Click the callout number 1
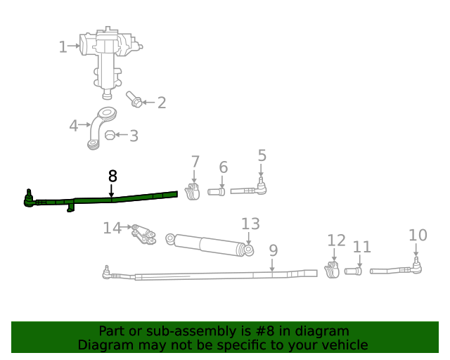click(63, 47)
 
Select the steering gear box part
click(109, 56)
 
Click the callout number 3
click(134, 136)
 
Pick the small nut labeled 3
click(110, 135)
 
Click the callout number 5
click(262, 155)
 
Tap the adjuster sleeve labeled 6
click(216, 191)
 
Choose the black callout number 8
click(112, 176)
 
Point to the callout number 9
click(273, 250)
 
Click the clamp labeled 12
click(333, 270)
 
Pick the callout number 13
click(250, 224)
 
